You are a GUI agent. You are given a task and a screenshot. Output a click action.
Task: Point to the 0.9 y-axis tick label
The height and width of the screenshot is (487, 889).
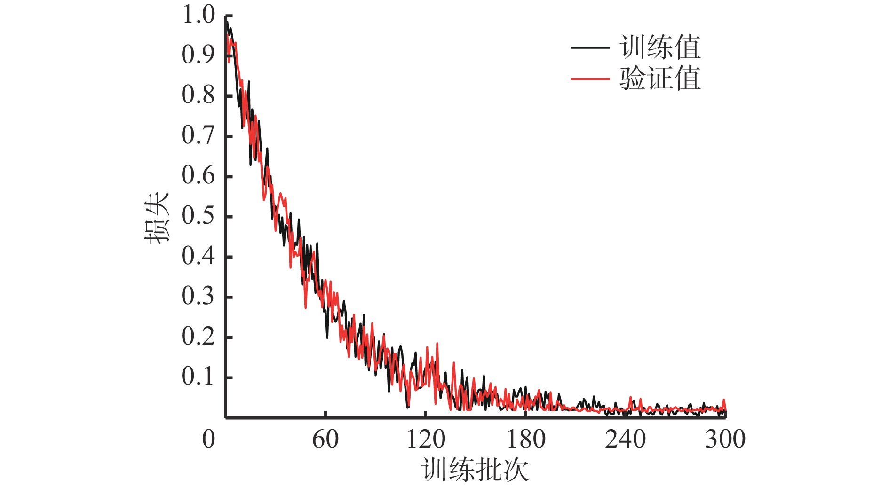pos(198,55)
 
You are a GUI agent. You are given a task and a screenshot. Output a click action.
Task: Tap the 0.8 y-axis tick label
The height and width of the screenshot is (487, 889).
pos(198,95)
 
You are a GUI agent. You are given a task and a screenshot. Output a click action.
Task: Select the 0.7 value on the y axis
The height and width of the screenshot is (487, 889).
pos(198,136)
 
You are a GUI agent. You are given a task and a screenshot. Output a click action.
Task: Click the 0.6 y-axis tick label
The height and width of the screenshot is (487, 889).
pos(198,176)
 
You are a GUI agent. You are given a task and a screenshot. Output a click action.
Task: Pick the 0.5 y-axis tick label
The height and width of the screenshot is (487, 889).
pos(198,216)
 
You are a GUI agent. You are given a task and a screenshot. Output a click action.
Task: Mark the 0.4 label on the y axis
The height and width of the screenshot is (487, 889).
pos(198,257)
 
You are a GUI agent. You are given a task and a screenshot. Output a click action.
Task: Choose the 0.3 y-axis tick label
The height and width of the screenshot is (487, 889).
pos(198,297)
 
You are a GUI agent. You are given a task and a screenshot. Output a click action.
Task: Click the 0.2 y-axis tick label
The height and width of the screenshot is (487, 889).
pos(198,337)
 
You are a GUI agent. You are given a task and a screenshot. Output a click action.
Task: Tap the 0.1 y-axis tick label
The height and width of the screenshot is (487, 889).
pos(198,377)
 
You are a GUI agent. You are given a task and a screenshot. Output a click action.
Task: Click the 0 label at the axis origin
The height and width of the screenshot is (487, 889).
pos(208,440)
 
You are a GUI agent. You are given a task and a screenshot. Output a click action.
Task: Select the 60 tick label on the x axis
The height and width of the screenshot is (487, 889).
pos(325,440)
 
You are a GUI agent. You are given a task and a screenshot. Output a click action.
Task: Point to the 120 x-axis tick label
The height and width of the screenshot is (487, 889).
pos(426,440)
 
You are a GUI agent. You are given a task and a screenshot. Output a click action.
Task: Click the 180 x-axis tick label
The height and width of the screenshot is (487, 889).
pos(526,440)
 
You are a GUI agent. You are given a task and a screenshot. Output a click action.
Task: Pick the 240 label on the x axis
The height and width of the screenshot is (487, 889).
pos(626,440)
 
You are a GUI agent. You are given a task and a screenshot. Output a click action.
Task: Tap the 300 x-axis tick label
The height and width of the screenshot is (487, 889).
pos(725,440)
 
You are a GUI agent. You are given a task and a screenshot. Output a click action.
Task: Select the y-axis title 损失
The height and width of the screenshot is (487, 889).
pos(157,217)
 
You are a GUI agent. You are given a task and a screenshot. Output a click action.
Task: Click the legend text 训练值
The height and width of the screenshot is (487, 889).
pos(660,47)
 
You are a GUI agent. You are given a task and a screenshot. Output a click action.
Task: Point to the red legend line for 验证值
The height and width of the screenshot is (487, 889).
pos(590,79)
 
